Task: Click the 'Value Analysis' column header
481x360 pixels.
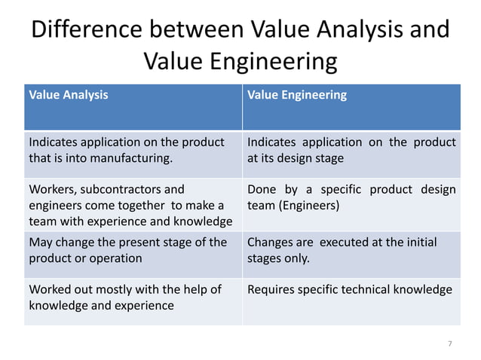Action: pos(68,95)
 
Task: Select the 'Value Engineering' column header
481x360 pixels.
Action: pos(297,95)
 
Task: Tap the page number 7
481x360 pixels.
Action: pos(450,343)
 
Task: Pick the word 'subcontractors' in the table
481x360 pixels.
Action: pos(121,189)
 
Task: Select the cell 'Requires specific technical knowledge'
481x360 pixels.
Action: pos(350,289)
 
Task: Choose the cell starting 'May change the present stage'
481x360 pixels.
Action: pos(127,250)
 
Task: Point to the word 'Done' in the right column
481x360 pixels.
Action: pos(262,189)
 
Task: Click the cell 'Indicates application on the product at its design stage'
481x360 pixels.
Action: pos(351,150)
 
